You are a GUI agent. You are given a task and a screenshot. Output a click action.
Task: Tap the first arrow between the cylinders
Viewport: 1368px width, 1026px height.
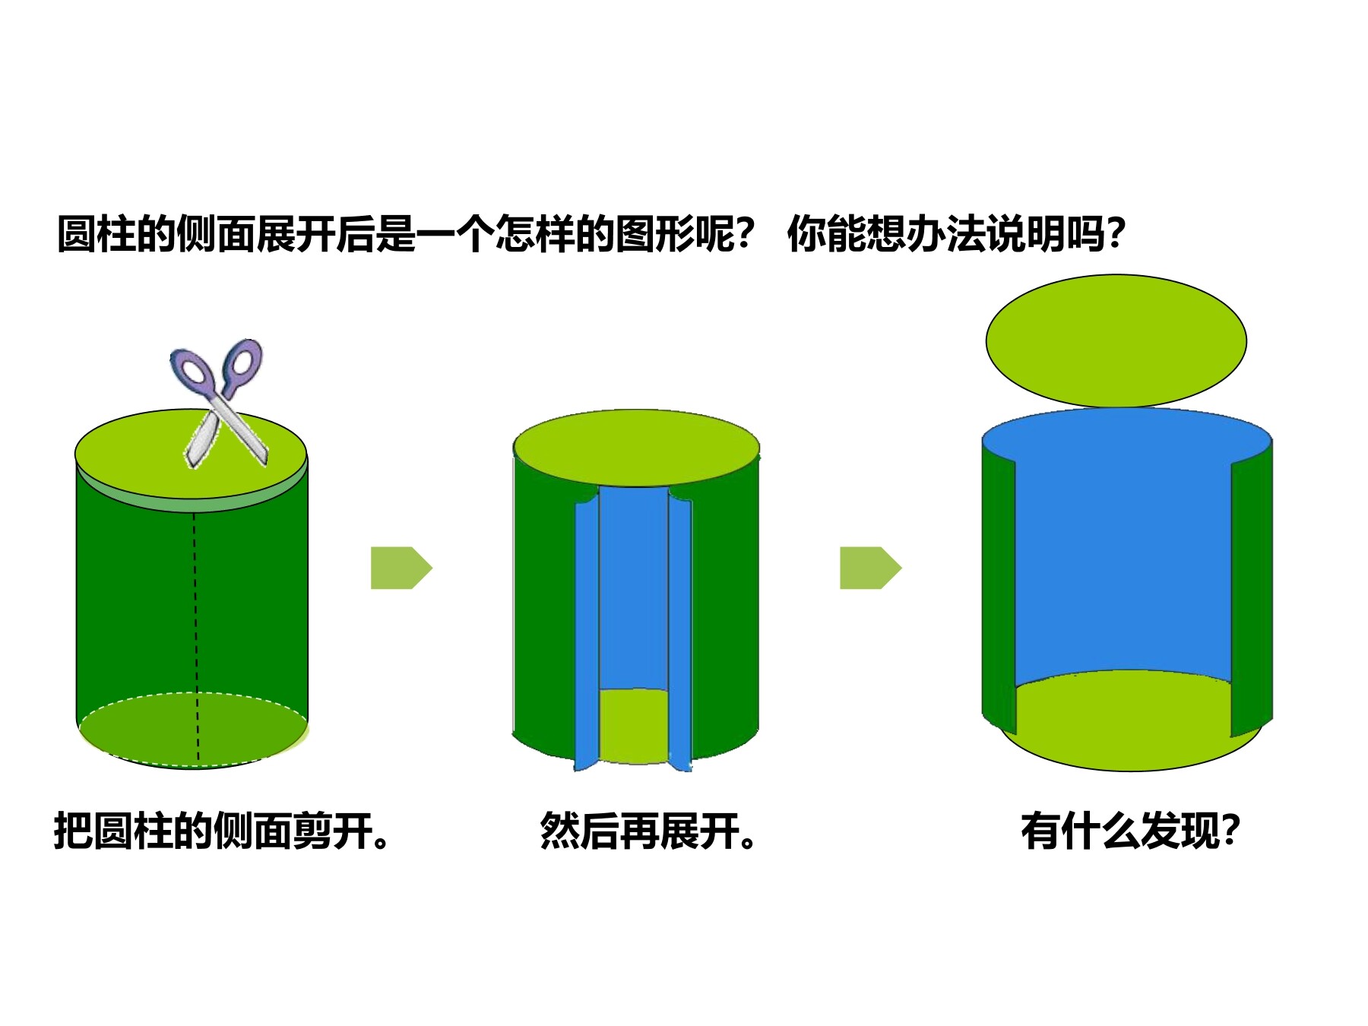coord(401,568)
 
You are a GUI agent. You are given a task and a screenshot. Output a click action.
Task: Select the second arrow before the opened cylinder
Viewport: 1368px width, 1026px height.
coord(870,568)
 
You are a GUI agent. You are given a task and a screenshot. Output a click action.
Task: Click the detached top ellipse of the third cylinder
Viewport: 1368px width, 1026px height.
coord(1116,340)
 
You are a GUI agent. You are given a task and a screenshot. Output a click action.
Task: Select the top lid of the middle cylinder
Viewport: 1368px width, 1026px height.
coord(637,448)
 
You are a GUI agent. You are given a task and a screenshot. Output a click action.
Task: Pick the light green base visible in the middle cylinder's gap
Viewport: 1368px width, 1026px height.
coord(634,726)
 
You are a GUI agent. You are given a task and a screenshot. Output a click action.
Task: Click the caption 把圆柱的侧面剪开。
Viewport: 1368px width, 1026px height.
coord(222,831)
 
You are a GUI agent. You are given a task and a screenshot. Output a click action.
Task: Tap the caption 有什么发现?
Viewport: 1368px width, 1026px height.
coord(1131,831)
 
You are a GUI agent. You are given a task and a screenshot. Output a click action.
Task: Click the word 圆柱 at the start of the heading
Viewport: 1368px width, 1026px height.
coord(97,233)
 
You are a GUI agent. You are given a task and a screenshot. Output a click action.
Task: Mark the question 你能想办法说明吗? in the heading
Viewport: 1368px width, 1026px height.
coord(956,233)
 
